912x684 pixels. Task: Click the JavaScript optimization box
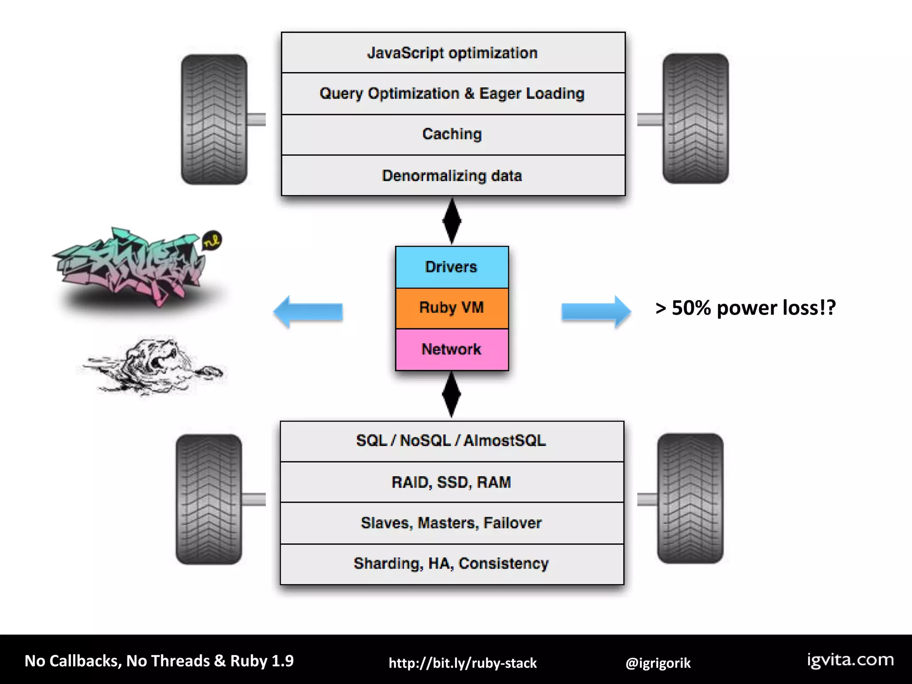(453, 53)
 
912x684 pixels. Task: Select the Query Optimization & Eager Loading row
(453, 94)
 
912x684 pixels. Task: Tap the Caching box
(453, 134)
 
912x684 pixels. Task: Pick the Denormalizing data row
(453, 175)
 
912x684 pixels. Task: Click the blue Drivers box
(452, 267)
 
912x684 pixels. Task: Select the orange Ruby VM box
(452, 308)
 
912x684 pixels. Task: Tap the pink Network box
(452, 350)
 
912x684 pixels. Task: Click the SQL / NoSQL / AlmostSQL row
(452, 441)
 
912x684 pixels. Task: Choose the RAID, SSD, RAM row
(452, 482)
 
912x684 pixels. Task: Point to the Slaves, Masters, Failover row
(452, 523)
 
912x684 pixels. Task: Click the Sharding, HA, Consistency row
(452, 564)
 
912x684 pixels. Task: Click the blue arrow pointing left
(308, 312)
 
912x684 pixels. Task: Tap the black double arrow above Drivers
(452, 221)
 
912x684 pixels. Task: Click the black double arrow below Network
(452, 395)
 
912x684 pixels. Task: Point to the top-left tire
(214, 119)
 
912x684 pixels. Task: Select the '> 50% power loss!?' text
(745, 308)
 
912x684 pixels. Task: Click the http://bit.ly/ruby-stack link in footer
(463, 663)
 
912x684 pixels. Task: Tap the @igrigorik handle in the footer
(658, 663)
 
